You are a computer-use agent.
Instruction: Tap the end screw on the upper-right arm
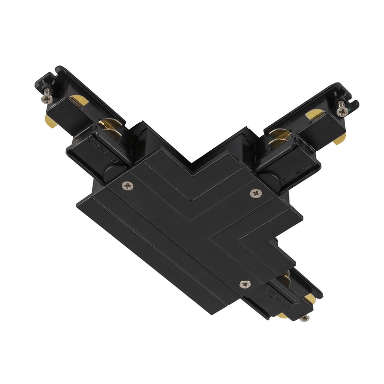pos(342,111)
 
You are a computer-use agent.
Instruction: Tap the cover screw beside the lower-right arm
pos(244,284)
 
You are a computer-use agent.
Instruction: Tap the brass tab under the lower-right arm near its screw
pos(282,315)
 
